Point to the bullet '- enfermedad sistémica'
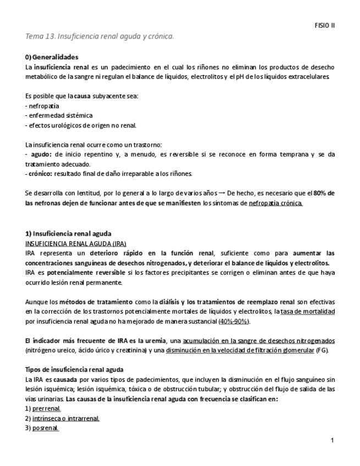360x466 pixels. click(59, 115)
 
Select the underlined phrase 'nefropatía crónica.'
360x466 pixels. click(275, 203)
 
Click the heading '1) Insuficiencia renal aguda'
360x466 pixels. click(68, 233)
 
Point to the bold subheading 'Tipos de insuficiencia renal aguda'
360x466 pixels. click(74, 369)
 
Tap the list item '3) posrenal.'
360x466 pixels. click(42, 428)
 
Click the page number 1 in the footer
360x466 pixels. click(333, 441)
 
